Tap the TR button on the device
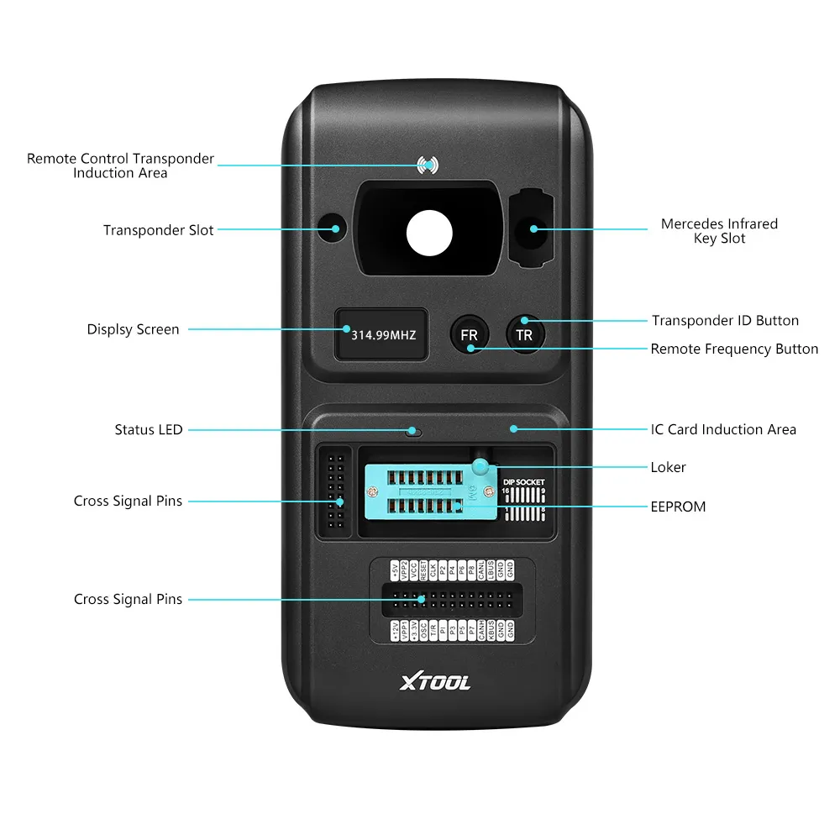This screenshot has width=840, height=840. [524, 334]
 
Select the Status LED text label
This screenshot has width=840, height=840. [149, 430]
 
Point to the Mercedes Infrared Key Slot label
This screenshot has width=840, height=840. [719, 231]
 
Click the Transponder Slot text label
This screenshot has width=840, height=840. [159, 230]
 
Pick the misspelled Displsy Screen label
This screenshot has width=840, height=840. [133, 329]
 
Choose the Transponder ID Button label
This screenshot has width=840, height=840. [725, 320]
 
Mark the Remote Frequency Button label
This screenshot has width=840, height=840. [734, 349]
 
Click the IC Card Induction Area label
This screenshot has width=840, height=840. [723, 429]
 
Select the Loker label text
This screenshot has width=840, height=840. [668, 467]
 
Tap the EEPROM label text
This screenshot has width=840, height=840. [678, 507]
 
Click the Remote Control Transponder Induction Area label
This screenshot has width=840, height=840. [120, 165]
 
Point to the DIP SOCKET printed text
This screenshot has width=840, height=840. [525, 482]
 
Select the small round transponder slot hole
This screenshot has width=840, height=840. [333, 228]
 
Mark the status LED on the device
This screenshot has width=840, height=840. [412, 432]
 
